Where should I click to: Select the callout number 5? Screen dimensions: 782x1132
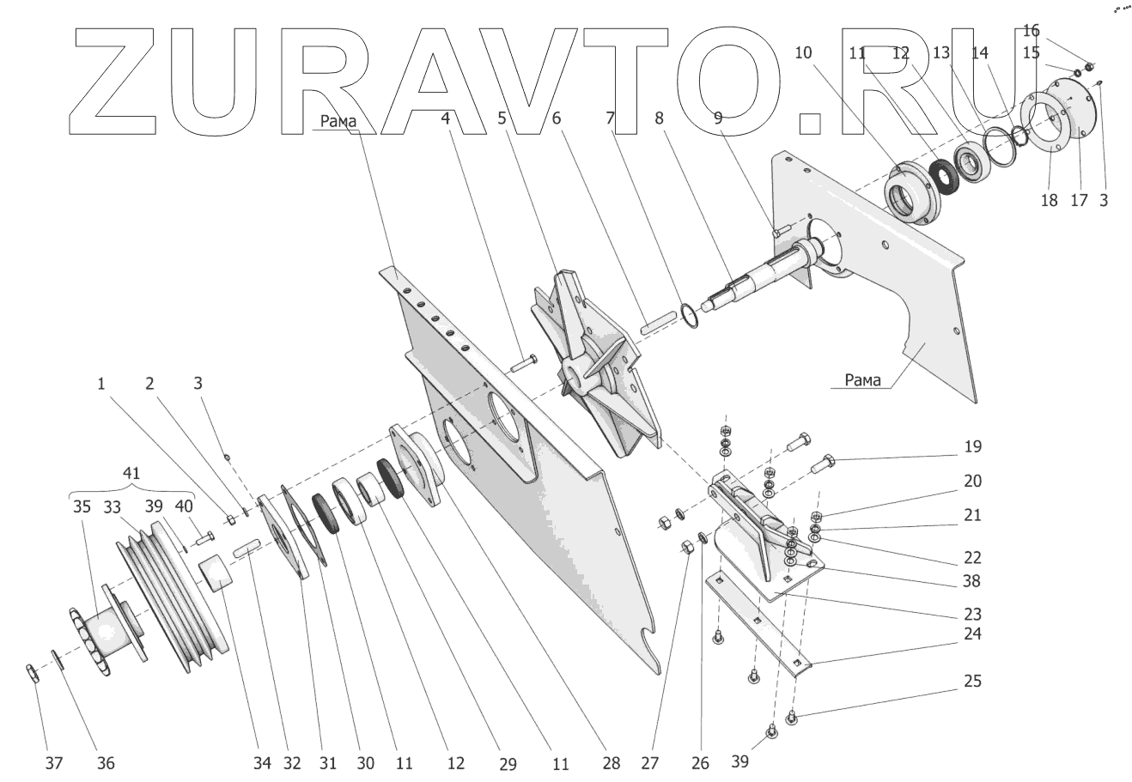tap(502, 118)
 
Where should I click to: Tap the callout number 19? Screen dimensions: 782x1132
tap(971, 447)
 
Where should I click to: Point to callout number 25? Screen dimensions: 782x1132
tap(971, 682)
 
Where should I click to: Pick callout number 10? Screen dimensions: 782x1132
tap(802, 52)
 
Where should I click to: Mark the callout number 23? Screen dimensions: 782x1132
tap(971, 615)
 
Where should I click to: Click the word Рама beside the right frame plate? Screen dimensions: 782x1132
tap(862, 381)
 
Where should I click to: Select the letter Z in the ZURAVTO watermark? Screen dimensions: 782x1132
tap(111, 82)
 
